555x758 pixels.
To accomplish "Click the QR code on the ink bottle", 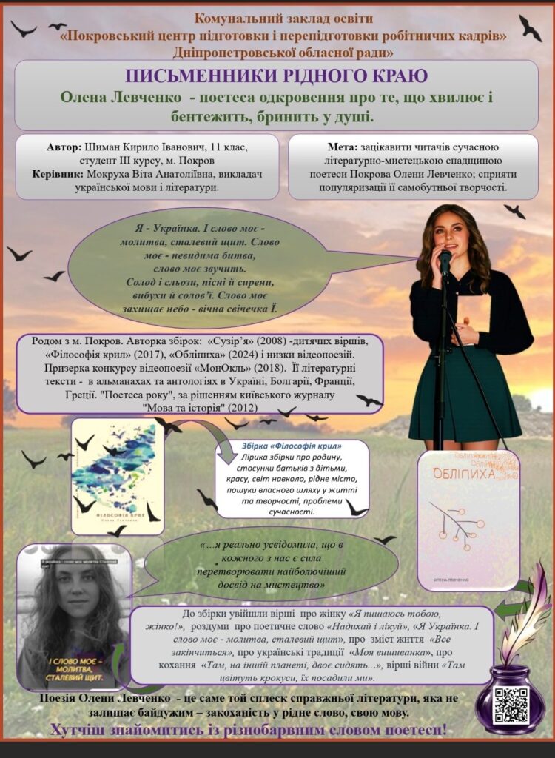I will (x=511, y=704).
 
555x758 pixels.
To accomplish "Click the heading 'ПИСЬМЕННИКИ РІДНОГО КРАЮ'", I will (x=276, y=76).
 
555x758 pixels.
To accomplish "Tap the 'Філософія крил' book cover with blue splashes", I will (x=117, y=475).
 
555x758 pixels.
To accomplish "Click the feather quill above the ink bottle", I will (x=528, y=614).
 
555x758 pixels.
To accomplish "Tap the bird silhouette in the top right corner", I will (x=530, y=27).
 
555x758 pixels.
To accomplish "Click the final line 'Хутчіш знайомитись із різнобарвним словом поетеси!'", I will (x=249, y=730).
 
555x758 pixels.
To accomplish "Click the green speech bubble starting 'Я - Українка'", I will (x=200, y=266).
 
